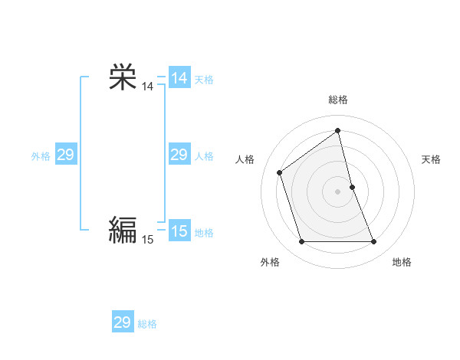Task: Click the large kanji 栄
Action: coord(122,77)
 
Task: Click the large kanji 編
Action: coord(122,229)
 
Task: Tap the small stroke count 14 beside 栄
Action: coord(147,87)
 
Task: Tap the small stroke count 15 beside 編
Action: coord(147,240)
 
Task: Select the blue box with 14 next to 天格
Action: coord(179,78)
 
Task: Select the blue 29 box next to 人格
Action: coord(179,155)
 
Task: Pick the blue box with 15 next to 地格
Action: coord(179,231)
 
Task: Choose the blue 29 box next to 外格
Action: coord(65,155)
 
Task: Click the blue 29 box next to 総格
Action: coord(122,322)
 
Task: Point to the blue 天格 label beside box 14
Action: coord(204,80)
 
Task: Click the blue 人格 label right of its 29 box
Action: coord(204,156)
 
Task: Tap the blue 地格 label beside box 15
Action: coord(204,233)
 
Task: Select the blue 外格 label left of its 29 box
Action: coord(41,156)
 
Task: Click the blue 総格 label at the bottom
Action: coord(147,324)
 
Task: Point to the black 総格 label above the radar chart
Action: coord(338,100)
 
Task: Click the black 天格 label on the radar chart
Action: coord(431,159)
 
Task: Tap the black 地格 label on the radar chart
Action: coord(402,262)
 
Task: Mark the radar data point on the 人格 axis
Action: coord(280,172)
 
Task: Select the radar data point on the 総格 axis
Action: coord(338,130)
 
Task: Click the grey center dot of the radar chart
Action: coord(338,191)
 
